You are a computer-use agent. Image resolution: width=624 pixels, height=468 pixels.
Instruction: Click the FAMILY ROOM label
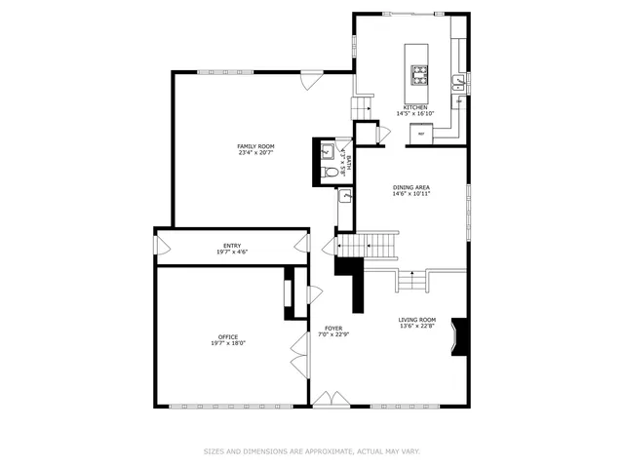tap(256, 146)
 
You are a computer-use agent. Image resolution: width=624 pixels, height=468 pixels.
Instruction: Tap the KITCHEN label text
tap(414, 107)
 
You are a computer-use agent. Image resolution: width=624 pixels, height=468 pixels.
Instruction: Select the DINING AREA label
tap(411, 187)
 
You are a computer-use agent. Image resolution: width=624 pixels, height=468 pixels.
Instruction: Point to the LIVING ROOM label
tap(416, 320)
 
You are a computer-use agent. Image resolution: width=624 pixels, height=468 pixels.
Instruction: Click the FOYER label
tap(333, 329)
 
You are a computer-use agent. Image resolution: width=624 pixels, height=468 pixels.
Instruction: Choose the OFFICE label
tap(228, 337)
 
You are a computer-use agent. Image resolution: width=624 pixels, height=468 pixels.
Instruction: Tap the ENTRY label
tap(232, 246)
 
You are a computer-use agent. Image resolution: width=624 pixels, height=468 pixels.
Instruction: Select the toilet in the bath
tap(331, 173)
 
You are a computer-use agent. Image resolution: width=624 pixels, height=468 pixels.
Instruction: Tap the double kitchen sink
tap(457, 84)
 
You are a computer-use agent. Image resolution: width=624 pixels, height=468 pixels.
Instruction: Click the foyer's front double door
tap(329, 400)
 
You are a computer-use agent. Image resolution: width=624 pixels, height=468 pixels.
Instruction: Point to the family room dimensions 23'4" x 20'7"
tap(256, 153)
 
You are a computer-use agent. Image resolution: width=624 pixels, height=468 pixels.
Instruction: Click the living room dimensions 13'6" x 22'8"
tap(416, 327)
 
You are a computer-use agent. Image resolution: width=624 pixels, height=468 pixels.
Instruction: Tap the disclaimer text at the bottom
tap(312, 451)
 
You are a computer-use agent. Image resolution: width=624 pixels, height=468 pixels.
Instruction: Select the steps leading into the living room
tap(411, 282)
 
